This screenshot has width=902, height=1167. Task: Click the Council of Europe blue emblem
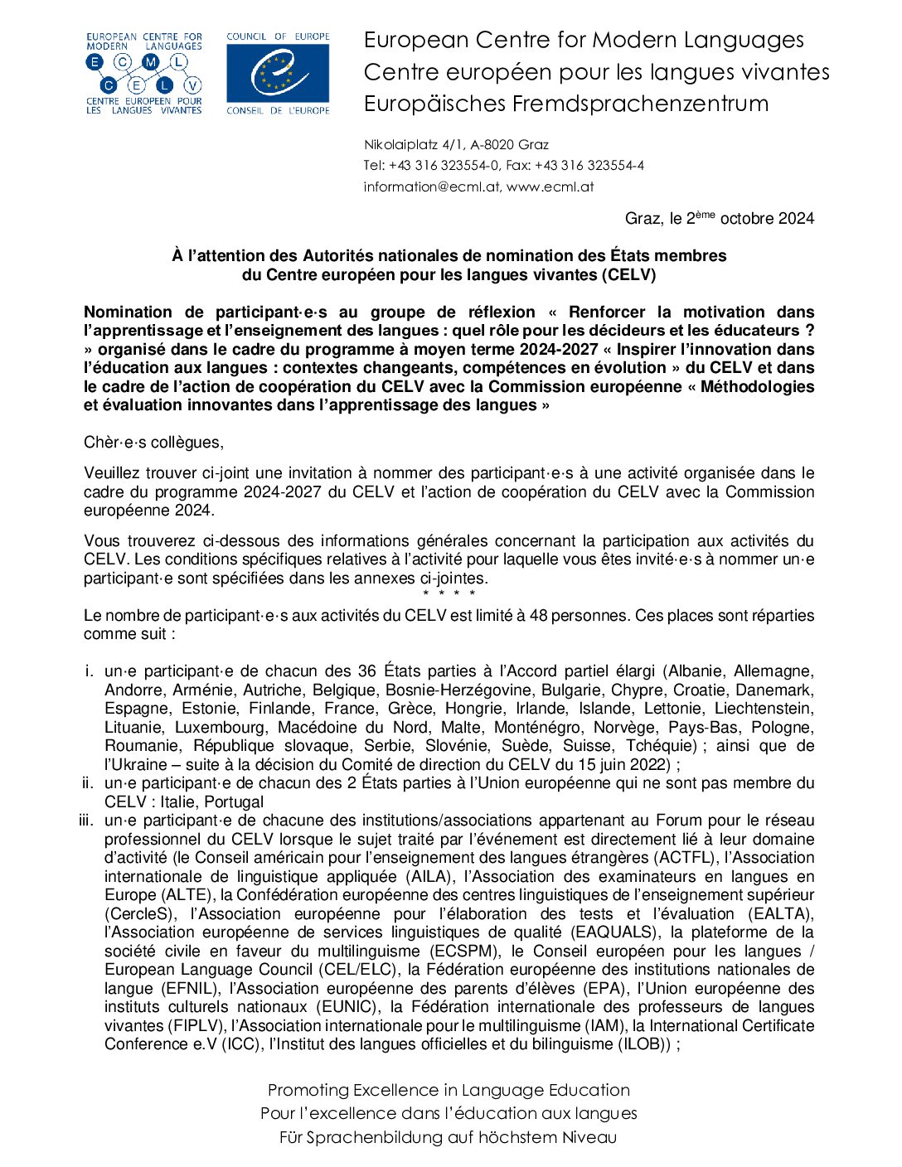point(278,73)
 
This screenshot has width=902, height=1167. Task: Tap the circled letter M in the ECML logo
point(151,62)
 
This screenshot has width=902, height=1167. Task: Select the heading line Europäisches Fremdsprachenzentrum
point(566,104)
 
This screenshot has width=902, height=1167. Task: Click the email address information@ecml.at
point(431,186)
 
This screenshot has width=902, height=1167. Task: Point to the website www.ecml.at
point(550,186)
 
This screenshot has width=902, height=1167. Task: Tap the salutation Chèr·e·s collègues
point(153,443)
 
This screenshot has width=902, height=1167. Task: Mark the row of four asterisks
point(449,594)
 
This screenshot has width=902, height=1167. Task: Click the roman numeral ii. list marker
point(88,783)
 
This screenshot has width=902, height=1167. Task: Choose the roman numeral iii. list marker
point(86,821)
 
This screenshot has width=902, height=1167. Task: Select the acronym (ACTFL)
point(686,858)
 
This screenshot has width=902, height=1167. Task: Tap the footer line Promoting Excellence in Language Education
point(449,1091)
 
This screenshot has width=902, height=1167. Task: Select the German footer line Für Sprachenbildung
point(449,1137)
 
